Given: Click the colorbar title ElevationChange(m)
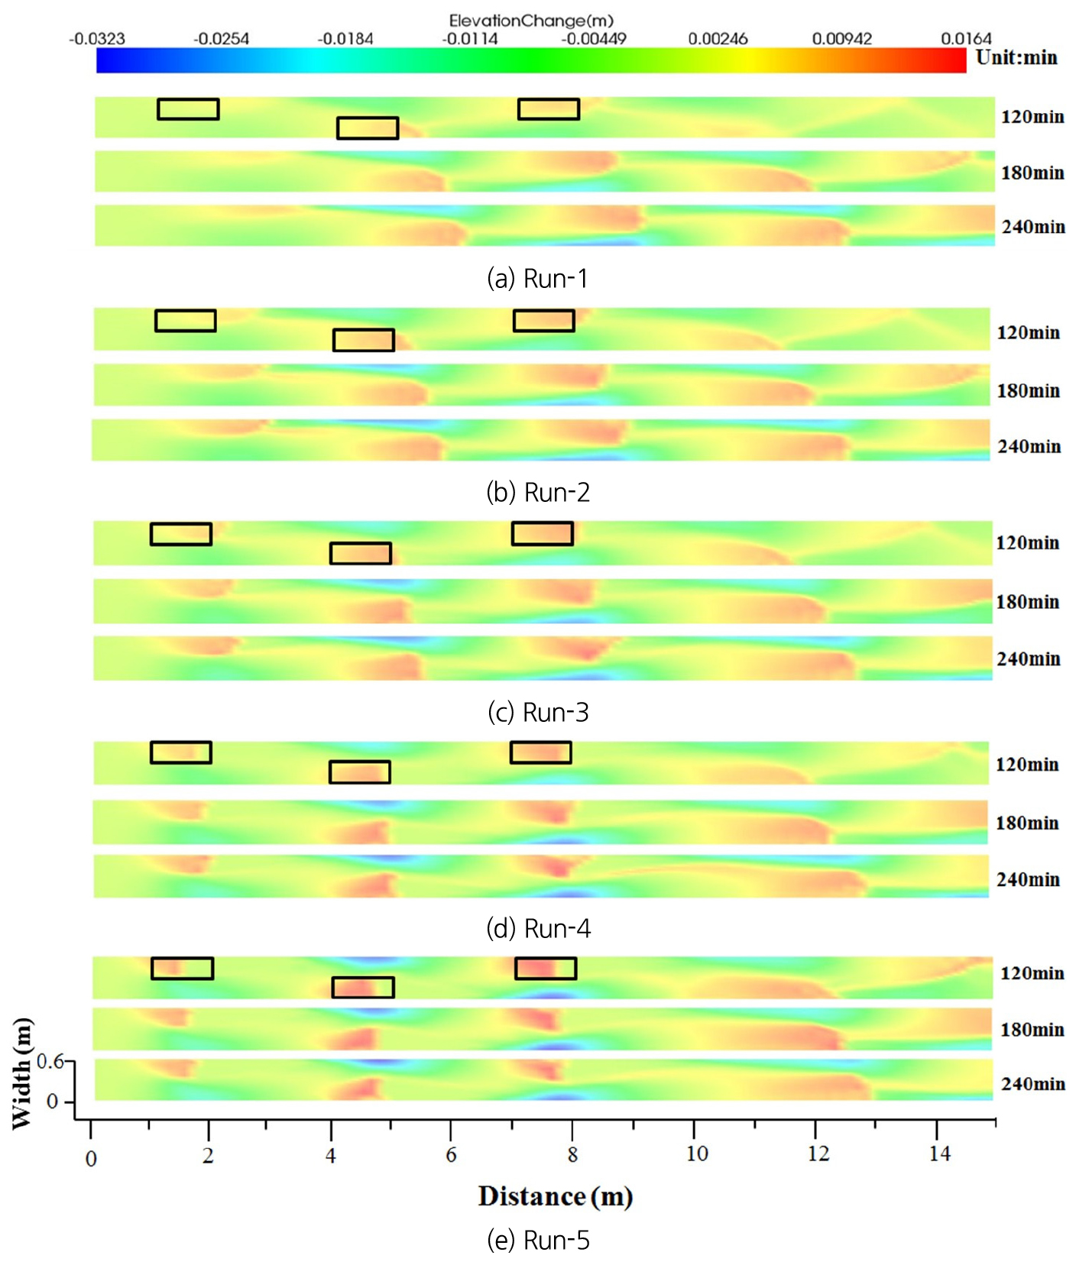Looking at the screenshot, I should pyautogui.click(x=530, y=21).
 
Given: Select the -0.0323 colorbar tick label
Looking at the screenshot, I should pyautogui.click(x=96, y=39).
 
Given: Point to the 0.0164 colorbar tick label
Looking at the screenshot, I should pyautogui.click(x=966, y=39).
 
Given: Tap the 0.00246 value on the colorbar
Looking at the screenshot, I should pyautogui.click(x=718, y=39).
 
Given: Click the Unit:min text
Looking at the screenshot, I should pyautogui.click(x=1016, y=58).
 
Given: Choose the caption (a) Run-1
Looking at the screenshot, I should pyautogui.click(x=537, y=279).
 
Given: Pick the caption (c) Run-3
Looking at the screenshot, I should pyautogui.click(x=538, y=712).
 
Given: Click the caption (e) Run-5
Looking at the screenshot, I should pyautogui.click(x=538, y=1240).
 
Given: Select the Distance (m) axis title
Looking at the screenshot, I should pyautogui.click(x=556, y=1196).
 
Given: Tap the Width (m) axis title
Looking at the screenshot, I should pyautogui.click(x=21, y=1073).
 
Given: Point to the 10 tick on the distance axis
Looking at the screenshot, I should pyautogui.click(x=696, y=1153).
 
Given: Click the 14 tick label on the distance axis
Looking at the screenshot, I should pyautogui.click(x=939, y=1153).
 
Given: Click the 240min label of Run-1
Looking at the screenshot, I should pyautogui.click(x=1032, y=227).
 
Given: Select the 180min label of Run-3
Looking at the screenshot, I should pyautogui.click(x=1027, y=602).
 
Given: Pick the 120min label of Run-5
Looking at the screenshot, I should pyautogui.click(x=1032, y=973).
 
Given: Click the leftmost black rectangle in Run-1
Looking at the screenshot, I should pyautogui.click(x=188, y=109).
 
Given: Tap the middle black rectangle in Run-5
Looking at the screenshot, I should pyautogui.click(x=363, y=987).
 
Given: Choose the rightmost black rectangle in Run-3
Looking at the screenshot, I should pyautogui.click(x=542, y=533).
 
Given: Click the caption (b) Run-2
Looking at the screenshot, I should pyautogui.click(x=538, y=493).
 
